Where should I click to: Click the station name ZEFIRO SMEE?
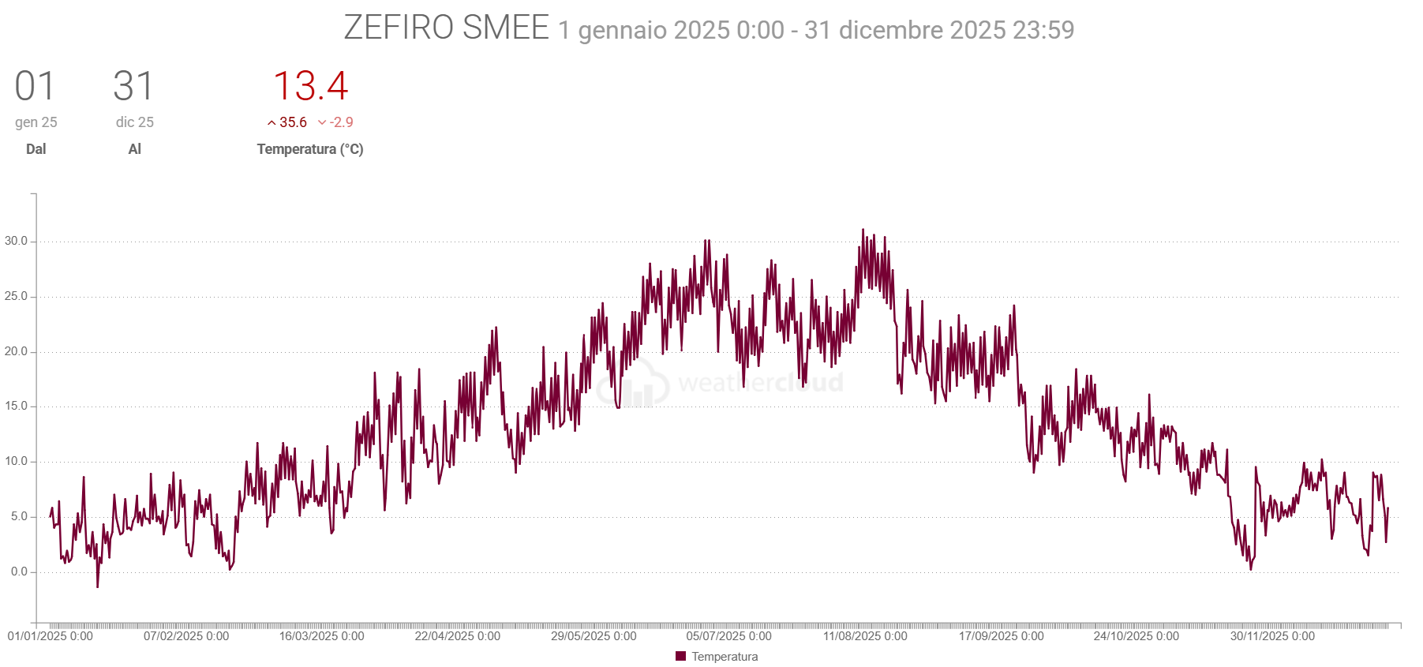(x=446, y=28)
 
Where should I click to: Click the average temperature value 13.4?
(x=310, y=86)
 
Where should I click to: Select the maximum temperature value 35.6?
(x=293, y=122)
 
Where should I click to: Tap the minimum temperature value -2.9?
(x=341, y=122)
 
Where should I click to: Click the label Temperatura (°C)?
(x=310, y=149)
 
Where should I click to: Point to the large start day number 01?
(x=36, y=86)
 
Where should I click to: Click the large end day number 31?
(x=133, y=86)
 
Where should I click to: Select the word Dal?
(x=36, y=149)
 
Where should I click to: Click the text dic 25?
(x=135, y=122)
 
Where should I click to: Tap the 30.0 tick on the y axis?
(x=16, y=241)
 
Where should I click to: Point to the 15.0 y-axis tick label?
(x=16, y=406)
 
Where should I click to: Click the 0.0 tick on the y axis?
(x=19, y=571)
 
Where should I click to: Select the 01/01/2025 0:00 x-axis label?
(x=51, y=636)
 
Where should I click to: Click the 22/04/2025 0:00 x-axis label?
(x=458, y=636)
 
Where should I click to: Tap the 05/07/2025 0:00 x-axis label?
(x=728, y=636)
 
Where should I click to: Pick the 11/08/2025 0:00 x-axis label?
(x=865, y=636)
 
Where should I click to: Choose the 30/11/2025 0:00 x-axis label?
(x=1272, y=636)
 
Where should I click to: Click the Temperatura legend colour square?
(x=681, y=656)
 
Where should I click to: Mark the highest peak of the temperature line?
(x=863, y=230)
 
